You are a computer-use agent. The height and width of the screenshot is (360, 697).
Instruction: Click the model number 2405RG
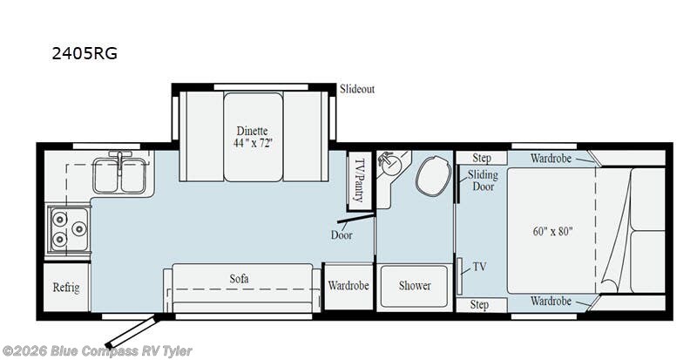(85, 53)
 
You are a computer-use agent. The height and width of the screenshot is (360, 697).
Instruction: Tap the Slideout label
(357, 89)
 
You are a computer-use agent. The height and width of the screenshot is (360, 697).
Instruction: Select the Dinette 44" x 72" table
(253, 137)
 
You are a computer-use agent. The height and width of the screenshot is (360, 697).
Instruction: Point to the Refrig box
(67, 288)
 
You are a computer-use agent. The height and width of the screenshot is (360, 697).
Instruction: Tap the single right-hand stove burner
(79, 228)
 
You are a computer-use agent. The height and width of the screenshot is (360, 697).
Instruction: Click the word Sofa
(239, 279)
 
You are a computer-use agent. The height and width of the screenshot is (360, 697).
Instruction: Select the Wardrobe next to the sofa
(348, 286)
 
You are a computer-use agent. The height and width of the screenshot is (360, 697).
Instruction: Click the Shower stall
(415, 286)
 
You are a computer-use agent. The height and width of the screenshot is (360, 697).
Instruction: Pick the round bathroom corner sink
(390, 166)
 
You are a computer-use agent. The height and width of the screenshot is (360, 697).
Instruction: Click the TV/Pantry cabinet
(360, 181)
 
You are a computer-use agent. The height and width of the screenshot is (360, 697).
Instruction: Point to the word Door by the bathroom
(342, 235)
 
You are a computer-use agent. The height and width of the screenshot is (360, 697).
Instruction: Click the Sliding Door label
(483, 180)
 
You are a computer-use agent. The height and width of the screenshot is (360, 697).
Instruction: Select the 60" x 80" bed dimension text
(552, 231)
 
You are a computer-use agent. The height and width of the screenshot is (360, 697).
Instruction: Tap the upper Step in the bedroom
(482, 158)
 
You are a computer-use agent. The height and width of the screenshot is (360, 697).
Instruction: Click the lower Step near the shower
(479, 305)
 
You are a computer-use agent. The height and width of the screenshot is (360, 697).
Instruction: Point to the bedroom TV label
(479, 267)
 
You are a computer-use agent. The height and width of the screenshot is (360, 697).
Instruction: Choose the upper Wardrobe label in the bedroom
(551, 158)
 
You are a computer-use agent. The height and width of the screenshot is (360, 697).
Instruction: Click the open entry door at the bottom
(133, 332)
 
